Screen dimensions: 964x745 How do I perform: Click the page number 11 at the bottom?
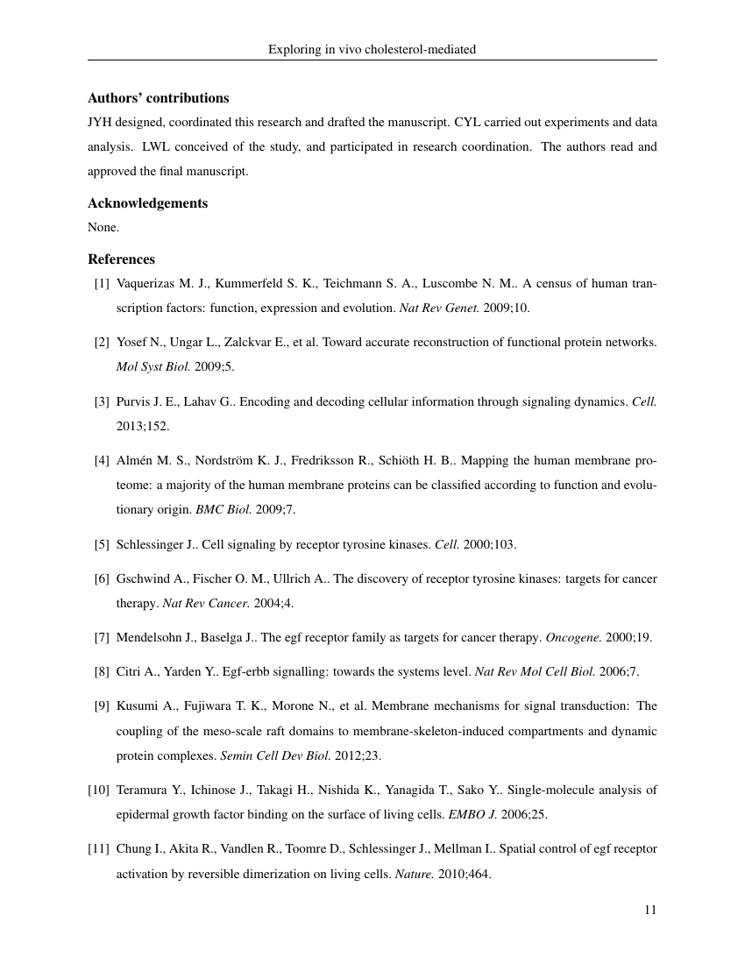[650, 910]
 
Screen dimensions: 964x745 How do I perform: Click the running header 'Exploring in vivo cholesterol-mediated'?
[372, 50]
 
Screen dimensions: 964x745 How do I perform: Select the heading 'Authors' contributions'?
[158, 98]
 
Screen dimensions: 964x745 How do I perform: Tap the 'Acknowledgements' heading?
[147, 203]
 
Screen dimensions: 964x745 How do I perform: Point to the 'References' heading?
[121, 259]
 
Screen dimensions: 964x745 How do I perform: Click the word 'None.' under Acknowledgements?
[103, 228]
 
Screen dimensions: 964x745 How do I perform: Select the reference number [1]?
[102, 284]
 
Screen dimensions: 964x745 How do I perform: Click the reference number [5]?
[102, 545]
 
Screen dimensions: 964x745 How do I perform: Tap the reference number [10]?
[98, 790]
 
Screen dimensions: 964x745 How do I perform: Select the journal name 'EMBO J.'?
[472, 815]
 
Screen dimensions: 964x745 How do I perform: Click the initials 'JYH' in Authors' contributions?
[99, 123]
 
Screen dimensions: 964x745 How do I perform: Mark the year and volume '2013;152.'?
[143, 426]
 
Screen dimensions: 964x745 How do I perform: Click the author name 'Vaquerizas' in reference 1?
[145, 284]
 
